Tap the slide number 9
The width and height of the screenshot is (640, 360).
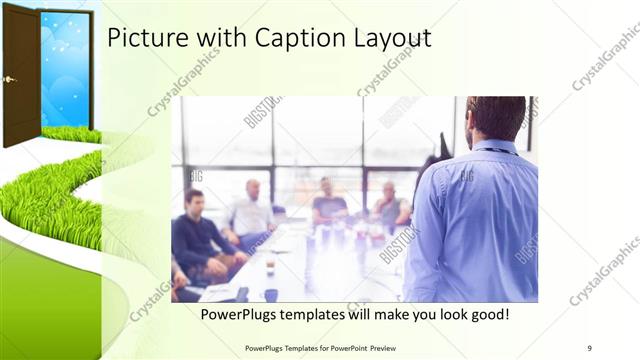tap(589, 347)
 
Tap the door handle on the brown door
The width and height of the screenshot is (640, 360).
tap(9, 79)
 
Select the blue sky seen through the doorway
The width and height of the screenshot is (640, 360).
tap(66, 70)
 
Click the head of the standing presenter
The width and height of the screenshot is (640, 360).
tap(495, 118)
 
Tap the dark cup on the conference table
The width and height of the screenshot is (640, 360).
tap(271, 295)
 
